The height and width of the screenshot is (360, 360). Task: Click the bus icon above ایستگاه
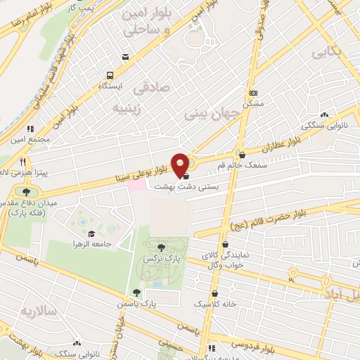110,75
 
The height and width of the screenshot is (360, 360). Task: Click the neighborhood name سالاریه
36,310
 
